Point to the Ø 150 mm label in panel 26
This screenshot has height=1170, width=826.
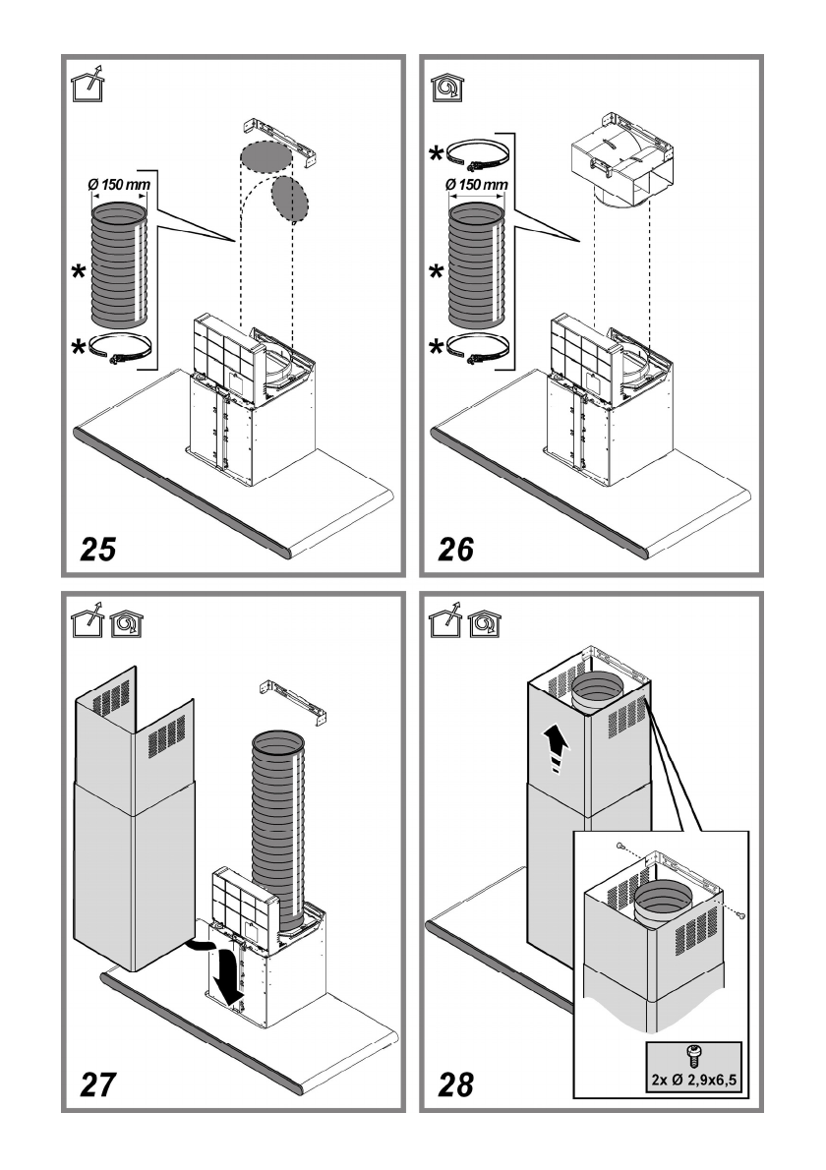coord(477,183)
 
